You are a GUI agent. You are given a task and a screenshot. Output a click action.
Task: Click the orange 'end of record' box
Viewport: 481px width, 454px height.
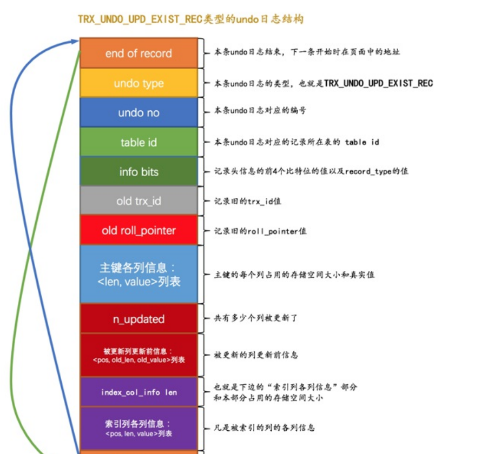click(x=139, y=54)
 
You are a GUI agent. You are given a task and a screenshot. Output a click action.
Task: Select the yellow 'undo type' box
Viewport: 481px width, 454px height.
click(x=139, y=83)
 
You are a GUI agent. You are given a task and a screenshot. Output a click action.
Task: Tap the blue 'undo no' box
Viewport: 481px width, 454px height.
click(x=139, y=113)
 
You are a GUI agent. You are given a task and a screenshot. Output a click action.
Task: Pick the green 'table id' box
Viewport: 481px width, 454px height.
click(x=139, y=143)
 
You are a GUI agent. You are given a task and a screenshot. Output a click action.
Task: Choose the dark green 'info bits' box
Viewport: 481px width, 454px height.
click(x=139, y=172)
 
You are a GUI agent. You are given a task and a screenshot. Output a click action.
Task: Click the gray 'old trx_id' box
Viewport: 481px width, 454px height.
click(x=139, y=201)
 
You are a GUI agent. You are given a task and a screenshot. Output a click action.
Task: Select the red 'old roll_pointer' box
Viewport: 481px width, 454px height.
click(x=139, y=231)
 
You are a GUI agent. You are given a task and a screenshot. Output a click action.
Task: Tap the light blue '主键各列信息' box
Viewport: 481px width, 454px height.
click(x=139, y=274)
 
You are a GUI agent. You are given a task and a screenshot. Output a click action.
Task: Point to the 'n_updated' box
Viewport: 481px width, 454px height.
click(x=139, y=319)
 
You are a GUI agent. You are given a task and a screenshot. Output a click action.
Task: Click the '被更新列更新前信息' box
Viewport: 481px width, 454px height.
click(x=139, y=355)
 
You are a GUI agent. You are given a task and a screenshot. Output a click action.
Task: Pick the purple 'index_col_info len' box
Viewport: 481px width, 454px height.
click(x=139, y=392)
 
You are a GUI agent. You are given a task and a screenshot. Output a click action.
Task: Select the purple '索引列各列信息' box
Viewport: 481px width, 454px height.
click(x=139, y=428)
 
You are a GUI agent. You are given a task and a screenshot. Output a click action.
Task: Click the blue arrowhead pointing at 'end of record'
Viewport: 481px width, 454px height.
click(x=76, y=41)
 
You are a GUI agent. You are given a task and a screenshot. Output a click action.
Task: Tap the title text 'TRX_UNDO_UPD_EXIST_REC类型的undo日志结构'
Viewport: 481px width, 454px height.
click(x=191, y=19)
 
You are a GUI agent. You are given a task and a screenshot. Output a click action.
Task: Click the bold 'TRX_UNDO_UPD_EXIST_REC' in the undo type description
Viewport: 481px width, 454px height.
click(x=378, y=83)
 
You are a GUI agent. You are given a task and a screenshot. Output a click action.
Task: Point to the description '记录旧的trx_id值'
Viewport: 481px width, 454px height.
click(x=248, y=201)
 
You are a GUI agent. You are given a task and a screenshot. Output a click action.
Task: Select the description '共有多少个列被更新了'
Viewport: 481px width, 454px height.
click(x=256, y=319)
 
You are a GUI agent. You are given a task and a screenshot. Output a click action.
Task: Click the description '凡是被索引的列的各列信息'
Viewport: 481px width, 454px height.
click(x=265, y=428)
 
